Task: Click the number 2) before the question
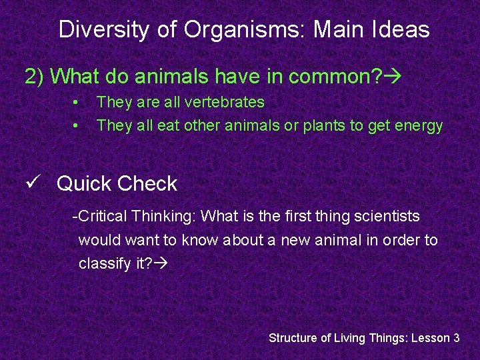(35, 77)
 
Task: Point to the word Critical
(103, 216)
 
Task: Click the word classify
(103, 263)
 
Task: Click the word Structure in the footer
(293, 338)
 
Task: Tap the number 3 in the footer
(456, 338)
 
